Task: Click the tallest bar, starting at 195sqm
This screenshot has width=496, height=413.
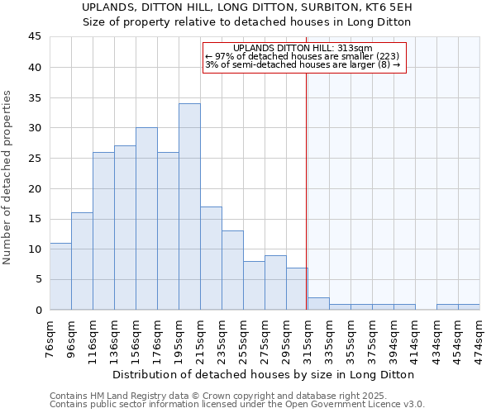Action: point(189,206)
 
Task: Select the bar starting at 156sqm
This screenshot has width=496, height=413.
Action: point(146,219)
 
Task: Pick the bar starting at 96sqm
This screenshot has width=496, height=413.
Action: point(82,261)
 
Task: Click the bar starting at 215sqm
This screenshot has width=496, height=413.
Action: point(211,258)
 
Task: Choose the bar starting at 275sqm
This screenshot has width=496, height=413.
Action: point(275,282)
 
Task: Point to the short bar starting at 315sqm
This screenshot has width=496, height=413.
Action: point(318,304)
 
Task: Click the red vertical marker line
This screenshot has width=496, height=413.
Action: point(307,190)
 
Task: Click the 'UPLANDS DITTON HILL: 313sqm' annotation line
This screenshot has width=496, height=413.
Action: point(303,48)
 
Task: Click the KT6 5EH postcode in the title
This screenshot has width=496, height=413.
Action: point(390,7)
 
